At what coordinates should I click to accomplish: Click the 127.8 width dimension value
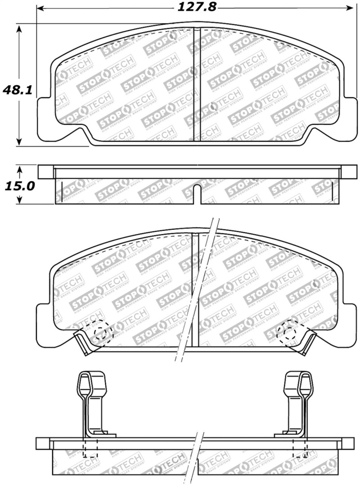pyautogui.click(x=193, y=8)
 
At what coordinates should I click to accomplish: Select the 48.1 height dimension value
pyautogui.click(x=17, y=90)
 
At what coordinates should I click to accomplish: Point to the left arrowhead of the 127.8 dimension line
pyautogui.click(x=40, y=8)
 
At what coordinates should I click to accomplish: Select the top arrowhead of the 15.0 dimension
pyautogui.click(x=19, y=169)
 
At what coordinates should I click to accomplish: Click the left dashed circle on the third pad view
pyautogui.click(x=102, y=333)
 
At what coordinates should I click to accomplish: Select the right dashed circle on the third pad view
pyautogui.click(x=288, y=333)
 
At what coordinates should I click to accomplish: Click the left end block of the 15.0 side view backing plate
pyautogui.click(x=45, y=172)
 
